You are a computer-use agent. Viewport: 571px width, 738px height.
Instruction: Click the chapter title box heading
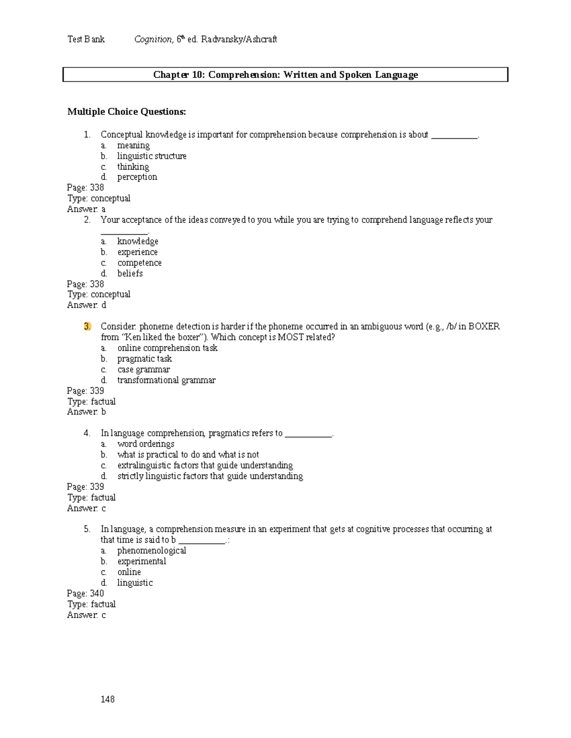(285, 75)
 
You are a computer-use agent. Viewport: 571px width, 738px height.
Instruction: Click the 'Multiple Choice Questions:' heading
(127, 112)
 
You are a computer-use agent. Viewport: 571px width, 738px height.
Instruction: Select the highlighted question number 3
(87, 326)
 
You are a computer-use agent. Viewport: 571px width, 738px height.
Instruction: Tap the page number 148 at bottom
(108, 699)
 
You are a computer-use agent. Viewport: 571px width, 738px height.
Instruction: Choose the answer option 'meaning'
(133, 145)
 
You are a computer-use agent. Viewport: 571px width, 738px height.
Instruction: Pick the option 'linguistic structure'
(152, 156)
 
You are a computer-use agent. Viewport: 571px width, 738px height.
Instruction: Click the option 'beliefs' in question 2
(130, 273)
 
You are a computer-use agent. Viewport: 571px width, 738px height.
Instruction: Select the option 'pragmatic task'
(145, 359)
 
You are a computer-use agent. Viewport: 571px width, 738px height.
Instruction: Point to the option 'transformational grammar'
(167, 380)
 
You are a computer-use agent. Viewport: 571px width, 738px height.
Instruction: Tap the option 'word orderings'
(146, 444)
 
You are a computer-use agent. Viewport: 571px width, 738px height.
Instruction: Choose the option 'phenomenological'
(152, 550)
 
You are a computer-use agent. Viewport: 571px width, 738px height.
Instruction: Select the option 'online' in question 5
(129, 572)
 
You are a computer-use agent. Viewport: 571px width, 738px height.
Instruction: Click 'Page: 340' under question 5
(86, 593)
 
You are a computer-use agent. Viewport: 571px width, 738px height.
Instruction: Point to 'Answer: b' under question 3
(87, 412)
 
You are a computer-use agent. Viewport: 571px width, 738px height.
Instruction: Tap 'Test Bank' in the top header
(86, 39)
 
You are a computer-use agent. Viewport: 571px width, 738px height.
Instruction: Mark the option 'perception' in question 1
(137, 177)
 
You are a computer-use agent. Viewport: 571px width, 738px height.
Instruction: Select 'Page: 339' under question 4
(86, 487)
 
